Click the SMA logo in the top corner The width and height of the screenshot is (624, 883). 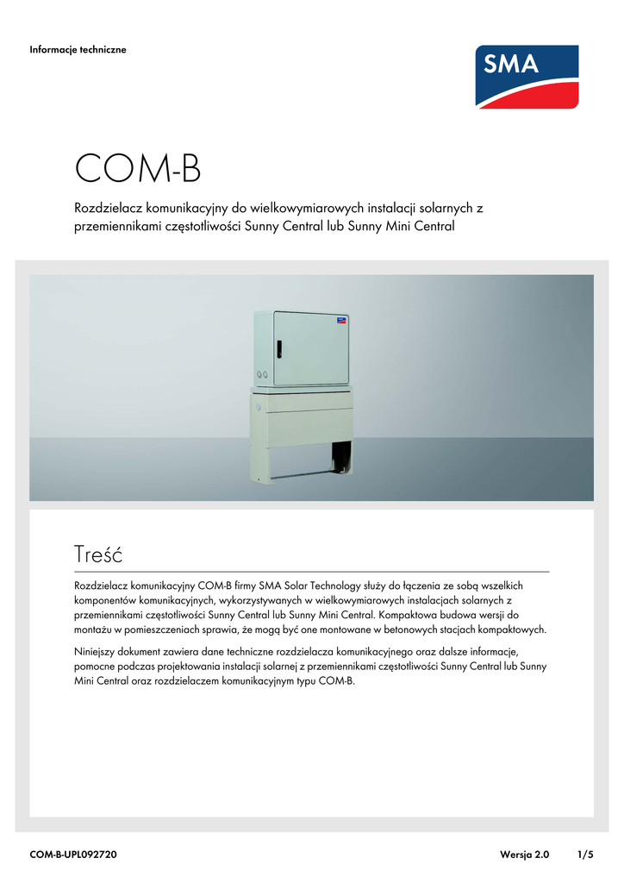point(527,77)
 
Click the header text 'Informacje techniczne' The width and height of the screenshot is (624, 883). point(78,50)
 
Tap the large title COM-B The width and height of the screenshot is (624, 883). point(138,169)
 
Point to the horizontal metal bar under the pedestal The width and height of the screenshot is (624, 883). point(303,474)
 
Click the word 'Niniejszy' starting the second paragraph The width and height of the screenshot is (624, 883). point(97,651)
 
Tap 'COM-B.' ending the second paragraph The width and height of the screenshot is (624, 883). point(337,680)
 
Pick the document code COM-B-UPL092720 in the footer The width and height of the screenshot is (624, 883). point(73,855)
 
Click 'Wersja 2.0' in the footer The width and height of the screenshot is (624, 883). point(524,855)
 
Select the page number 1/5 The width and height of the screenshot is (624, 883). point(585,855)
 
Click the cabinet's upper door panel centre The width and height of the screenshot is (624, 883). point(311,348)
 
